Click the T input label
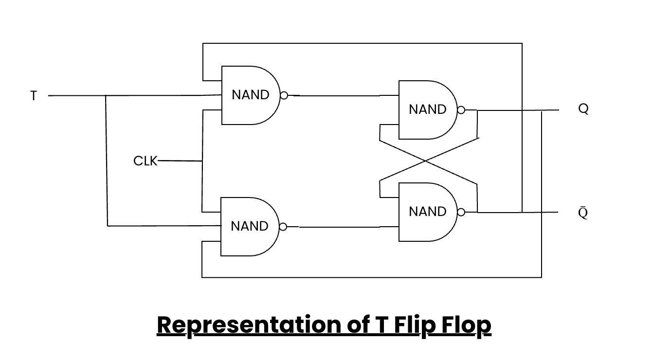coord(34,96)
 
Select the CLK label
coord(145,161)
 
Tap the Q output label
coord(583,109)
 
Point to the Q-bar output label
coord(583,213)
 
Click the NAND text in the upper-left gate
coord(251,95)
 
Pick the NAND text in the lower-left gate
coord(250,226)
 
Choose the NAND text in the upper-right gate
coord(428,109)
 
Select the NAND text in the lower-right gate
coord(428,212)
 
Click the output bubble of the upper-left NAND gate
coord(284,95)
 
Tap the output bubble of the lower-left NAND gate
coord(283,227)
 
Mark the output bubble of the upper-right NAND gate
coord(461,110)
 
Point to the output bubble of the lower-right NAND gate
coord(461,212)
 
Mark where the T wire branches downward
coord(106,96)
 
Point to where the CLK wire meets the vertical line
coord(202,161)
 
